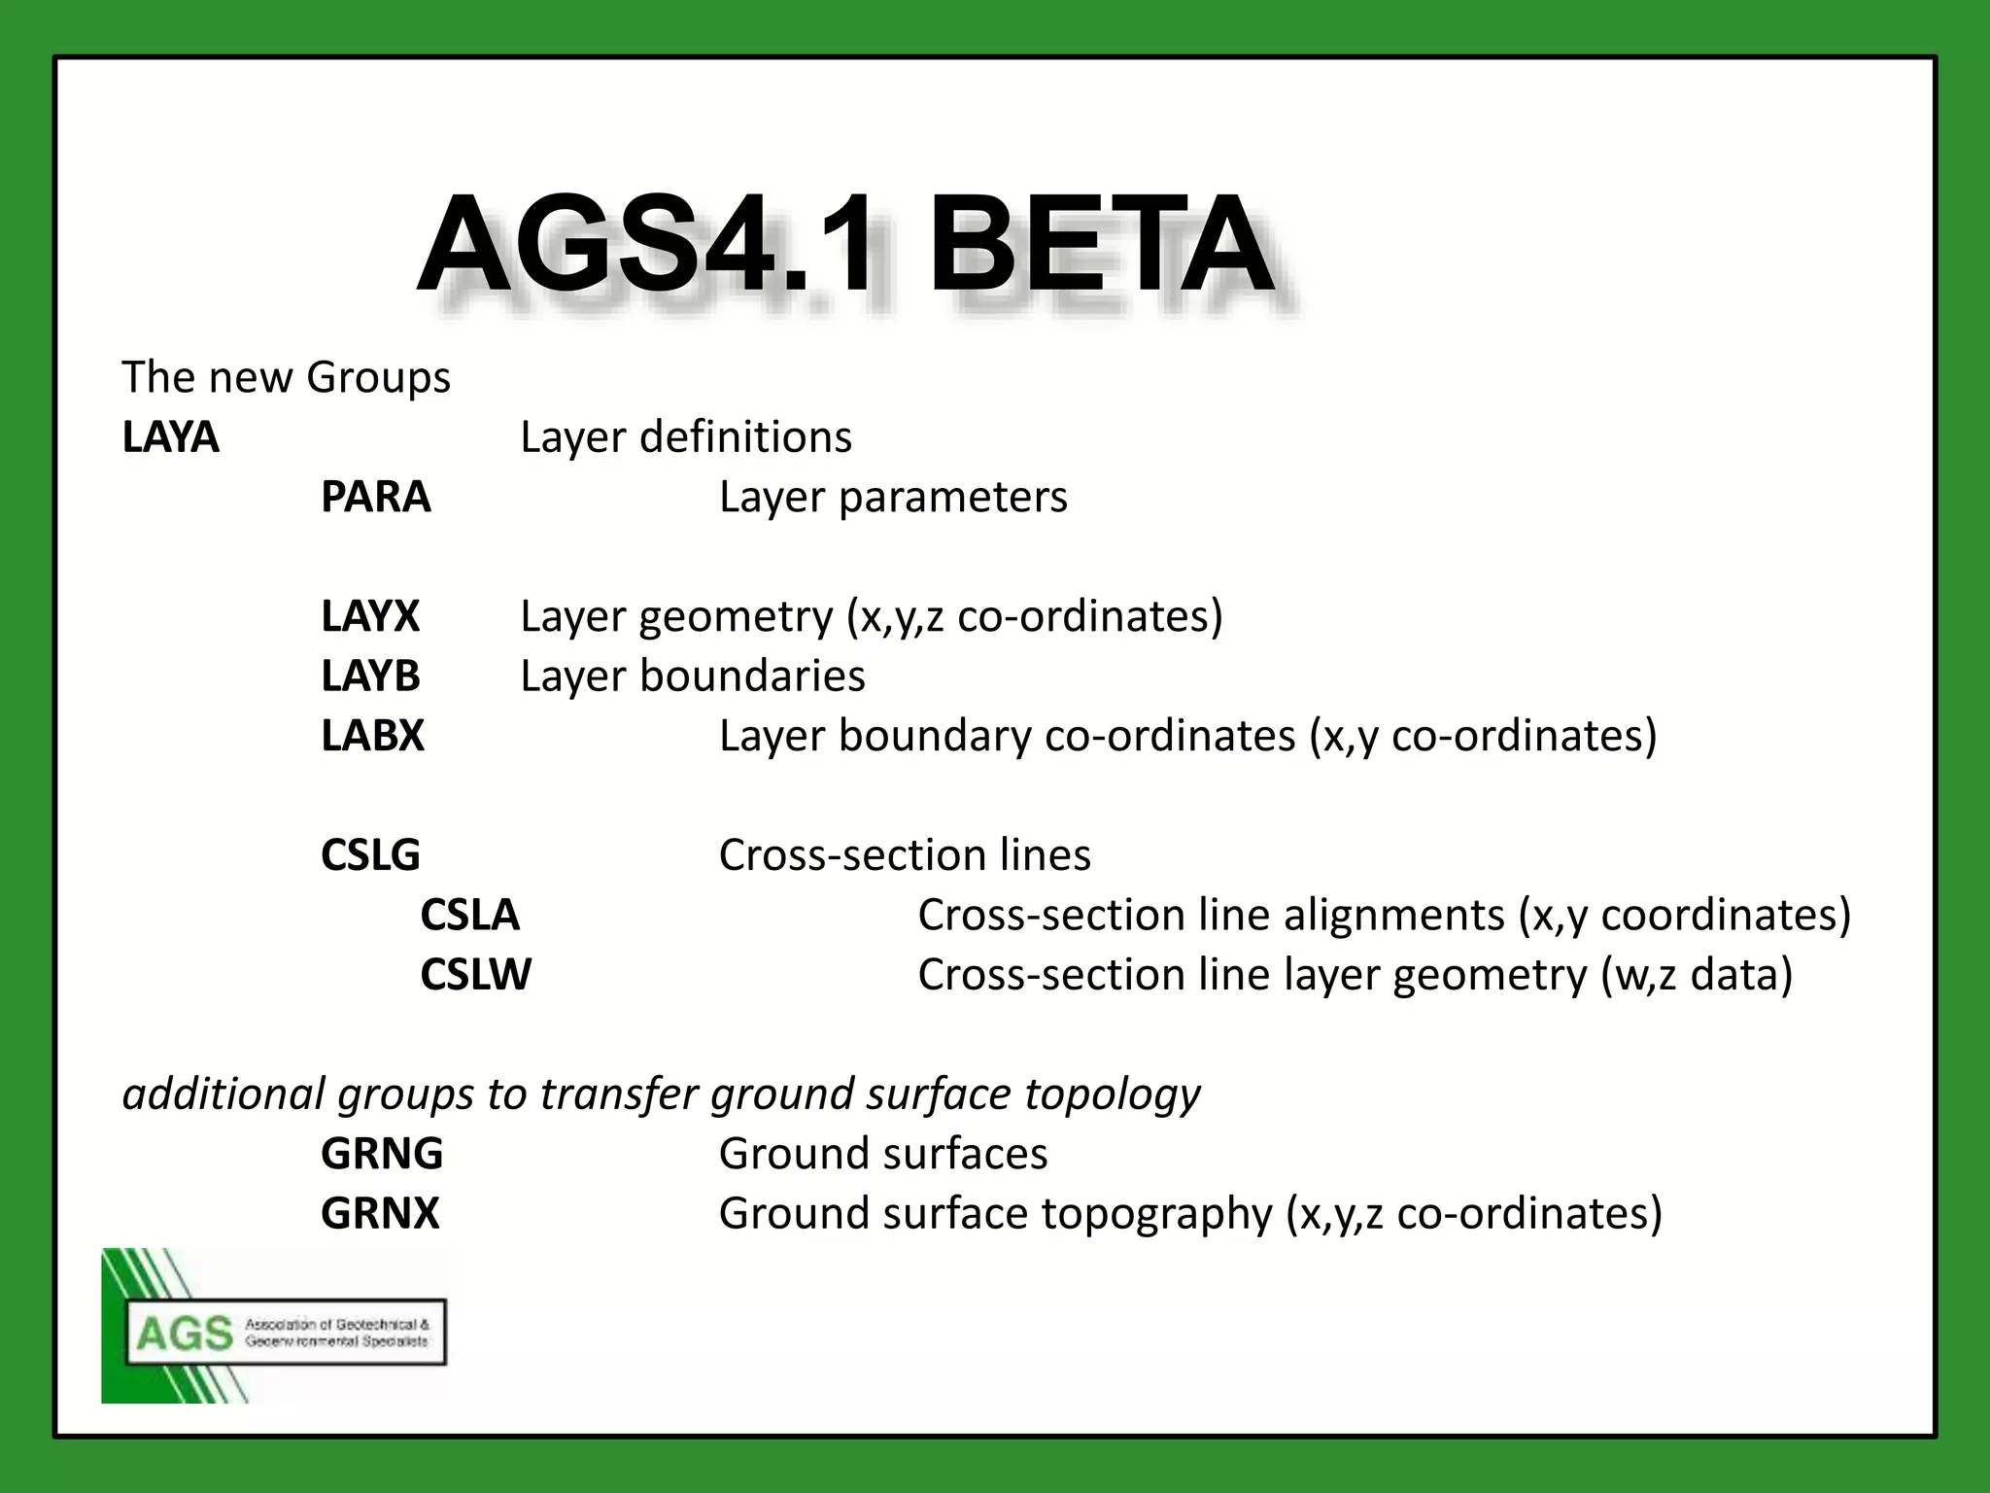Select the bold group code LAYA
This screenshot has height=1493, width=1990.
click(170, 437)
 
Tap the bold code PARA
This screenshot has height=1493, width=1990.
click(375, 497)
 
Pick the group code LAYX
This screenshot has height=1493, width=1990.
click(369, 616)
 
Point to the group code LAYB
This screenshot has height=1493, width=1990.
click(370, 676)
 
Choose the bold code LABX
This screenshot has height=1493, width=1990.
click(372, 736)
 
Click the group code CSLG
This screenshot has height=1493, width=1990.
click(370, 855)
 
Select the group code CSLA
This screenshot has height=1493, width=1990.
click(469, 915)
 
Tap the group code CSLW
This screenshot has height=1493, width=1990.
click(475, 975)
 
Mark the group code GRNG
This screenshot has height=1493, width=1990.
click(382, 1154)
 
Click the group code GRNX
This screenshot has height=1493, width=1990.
click(380, 1213)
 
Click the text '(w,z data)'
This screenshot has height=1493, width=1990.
click(1696, 975)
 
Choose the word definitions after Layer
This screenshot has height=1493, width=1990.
click(745, 437)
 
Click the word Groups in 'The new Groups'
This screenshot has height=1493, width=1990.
click(378, 378)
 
